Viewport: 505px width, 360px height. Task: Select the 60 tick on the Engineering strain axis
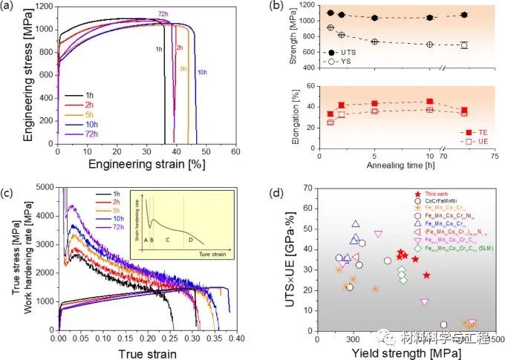(x=235, y=151)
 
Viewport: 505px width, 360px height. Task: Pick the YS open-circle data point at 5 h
(x=376, y=42)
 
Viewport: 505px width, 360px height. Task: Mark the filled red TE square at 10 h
(x=430, y=102)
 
